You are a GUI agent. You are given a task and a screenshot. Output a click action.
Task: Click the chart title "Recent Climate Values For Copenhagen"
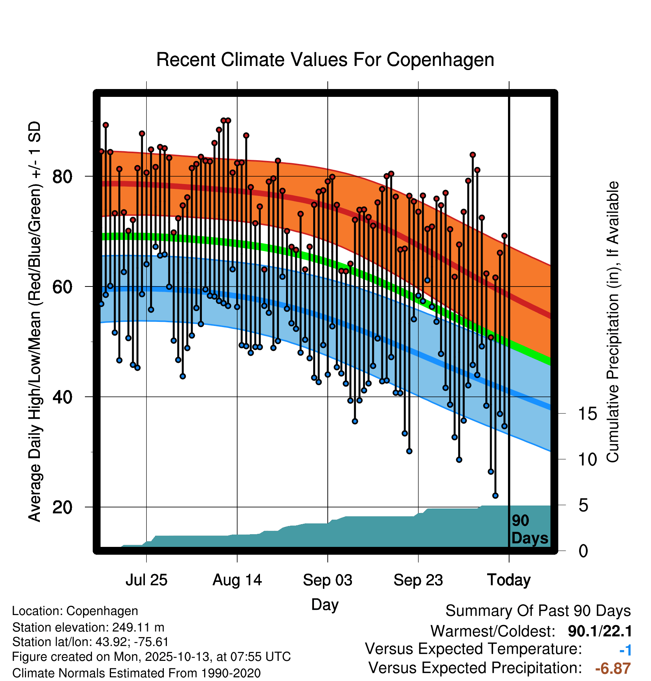point(325,60)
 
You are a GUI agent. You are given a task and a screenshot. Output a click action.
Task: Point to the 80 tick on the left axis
point(62,176)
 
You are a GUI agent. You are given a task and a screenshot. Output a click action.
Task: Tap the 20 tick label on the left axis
point(62,507)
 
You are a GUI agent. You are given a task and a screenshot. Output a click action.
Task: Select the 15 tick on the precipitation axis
point(588,414)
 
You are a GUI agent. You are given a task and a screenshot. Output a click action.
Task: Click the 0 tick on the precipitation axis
point(583,551)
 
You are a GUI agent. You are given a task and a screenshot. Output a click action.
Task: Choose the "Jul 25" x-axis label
point(146,580)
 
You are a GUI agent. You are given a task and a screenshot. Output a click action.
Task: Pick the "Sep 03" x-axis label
point(327,580)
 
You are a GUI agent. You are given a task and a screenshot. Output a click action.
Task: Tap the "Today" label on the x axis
point(509,580)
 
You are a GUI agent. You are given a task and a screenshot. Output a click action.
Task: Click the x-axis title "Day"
point(325,604)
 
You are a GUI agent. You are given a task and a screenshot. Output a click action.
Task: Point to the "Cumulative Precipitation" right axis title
point(613,322)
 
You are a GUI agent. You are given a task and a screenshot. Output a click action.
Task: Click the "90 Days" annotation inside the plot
point(529,529)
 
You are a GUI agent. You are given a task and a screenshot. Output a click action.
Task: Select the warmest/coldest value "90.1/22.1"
point(600,631)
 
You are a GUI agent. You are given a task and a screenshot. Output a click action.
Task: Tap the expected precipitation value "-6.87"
point(613,668)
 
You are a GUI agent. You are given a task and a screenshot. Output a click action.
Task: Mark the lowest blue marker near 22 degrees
point(495,495)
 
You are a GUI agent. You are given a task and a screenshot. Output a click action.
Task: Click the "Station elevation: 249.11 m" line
point(88,627)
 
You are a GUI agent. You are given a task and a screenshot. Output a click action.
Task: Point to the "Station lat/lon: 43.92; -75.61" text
point(90,642)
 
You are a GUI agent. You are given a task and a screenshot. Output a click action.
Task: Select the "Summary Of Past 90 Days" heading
point(538,611)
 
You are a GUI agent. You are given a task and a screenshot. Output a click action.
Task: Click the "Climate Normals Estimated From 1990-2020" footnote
point(136,673)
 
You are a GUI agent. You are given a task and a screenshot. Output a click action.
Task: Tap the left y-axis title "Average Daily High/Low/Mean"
point(35,322)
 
